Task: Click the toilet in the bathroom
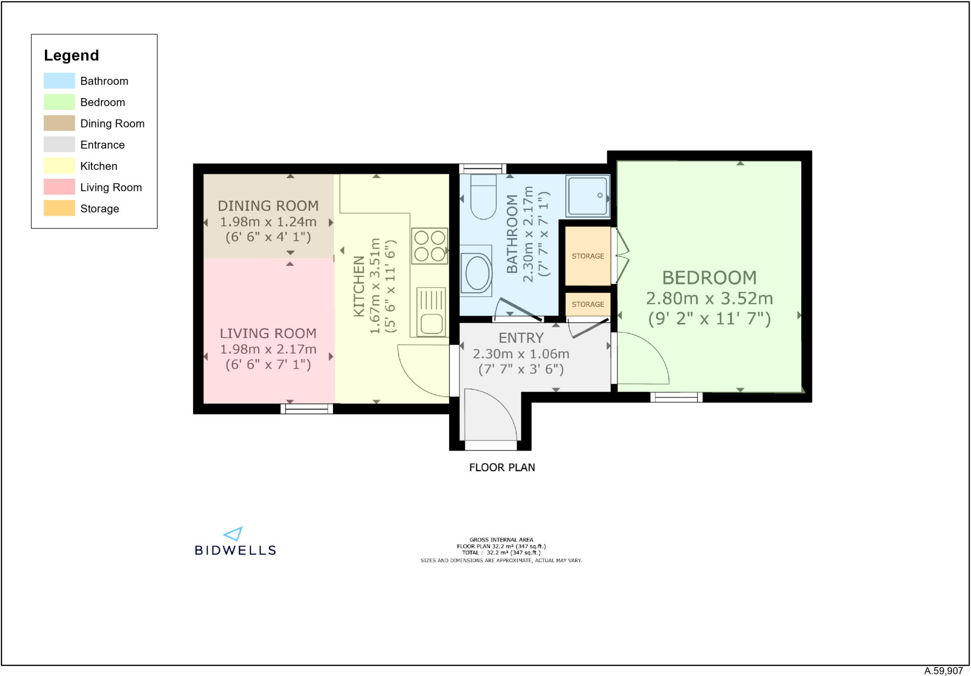[483, 197]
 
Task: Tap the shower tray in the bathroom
[587, 196]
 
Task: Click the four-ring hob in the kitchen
[430, 246]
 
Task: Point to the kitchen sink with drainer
[431, 312]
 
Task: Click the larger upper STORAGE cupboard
[588, 256]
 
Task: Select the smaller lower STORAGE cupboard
[588, 304]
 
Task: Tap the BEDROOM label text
[709, 278]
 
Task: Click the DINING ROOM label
[268, 206]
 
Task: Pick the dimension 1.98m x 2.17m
[268, 349]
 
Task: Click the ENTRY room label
[521, 338]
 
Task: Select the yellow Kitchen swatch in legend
[59, 166]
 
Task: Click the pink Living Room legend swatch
[59, 187]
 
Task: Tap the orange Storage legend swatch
[59, 209]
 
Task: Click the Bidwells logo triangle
[234, 534]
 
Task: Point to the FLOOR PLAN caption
[502, 467]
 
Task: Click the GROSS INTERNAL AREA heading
[501, 539]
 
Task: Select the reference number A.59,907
[943, 671]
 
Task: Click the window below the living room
[307, 409]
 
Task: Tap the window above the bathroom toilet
[483, 169]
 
